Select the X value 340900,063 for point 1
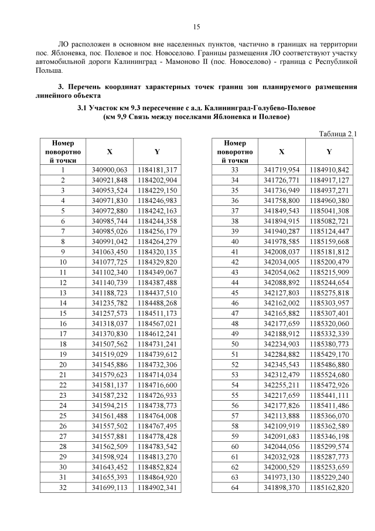click(x=110, y=170)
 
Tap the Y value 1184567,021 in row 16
click(x=157, y=323)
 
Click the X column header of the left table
click(x=110, y=151)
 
